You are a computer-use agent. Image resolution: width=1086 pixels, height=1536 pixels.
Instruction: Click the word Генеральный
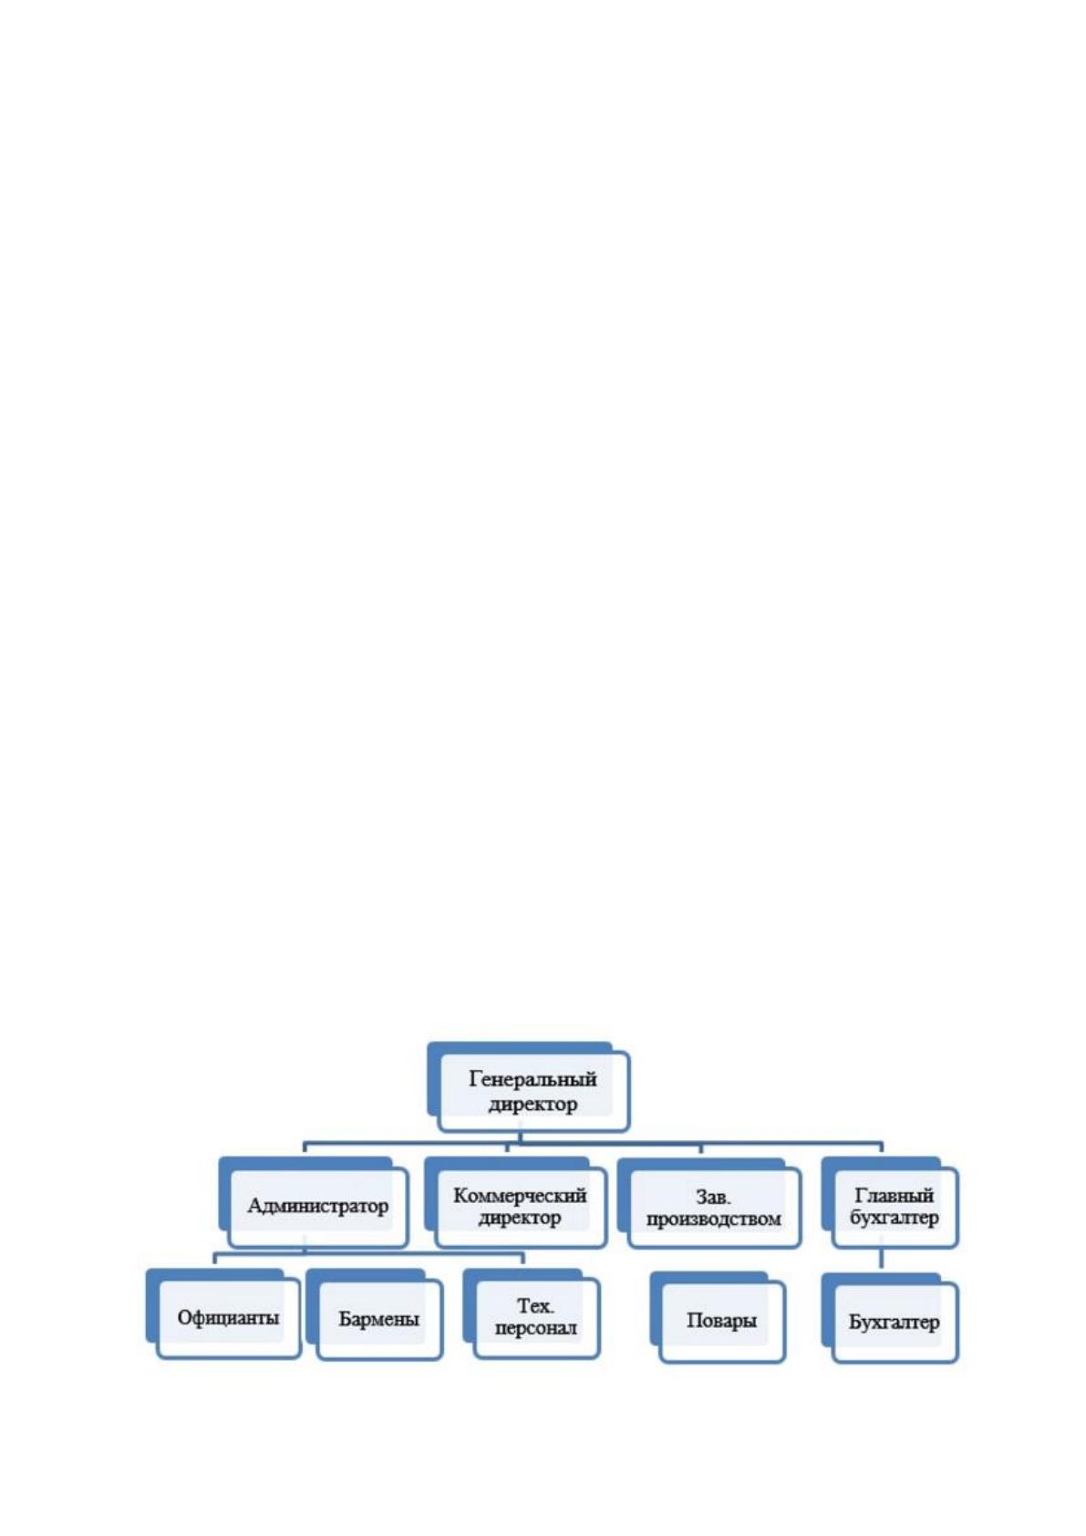533,1079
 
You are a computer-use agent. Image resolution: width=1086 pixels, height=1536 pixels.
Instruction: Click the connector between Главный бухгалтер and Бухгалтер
882,1260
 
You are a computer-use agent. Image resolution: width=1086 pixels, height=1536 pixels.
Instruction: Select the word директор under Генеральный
533,1104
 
